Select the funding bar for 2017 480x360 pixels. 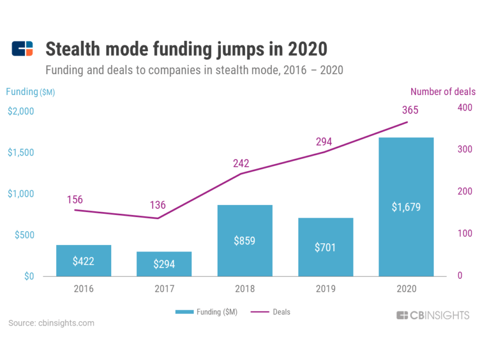[x=164, y=264]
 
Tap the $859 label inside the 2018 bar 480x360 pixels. [x=244, y=241]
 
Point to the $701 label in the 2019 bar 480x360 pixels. [x=325, y=247]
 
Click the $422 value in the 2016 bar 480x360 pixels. [x=83, y=261]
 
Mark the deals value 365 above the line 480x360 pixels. [x=410, y=110]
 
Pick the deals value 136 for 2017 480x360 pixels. [x=158, y=206]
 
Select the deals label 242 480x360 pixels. [x=241, y=163]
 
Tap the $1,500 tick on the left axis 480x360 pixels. [x=21, y=152]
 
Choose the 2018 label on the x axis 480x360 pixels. [x=244, y=289]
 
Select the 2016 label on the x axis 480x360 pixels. [x=83, y=289]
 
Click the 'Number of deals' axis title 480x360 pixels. [x=442, y=92]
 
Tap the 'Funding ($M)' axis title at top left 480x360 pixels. [x=31, y=92]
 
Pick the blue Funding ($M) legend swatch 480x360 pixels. [x=184, y=312]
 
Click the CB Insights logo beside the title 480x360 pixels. [x=22, y=49]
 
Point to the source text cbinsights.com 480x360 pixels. [x=51, y=323]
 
